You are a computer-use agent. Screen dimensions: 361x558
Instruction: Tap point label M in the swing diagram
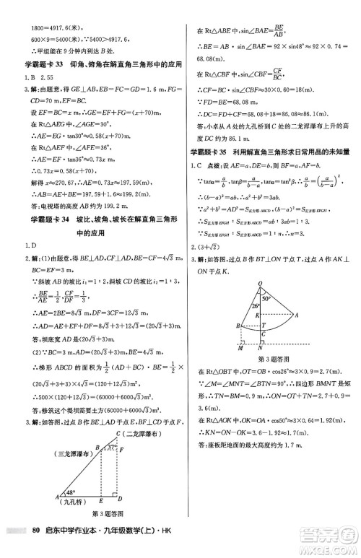pos(240,345)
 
